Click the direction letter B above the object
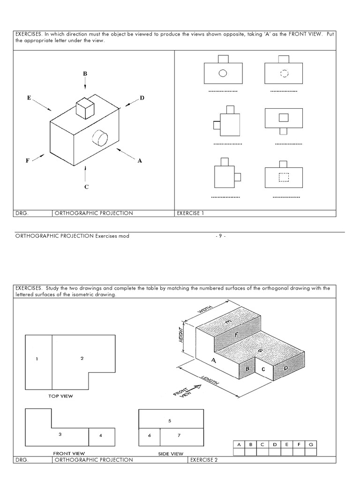[85, 73]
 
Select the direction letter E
[29, 98]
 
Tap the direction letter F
[28, 160]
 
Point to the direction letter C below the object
[86, 187]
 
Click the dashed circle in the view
[284, 73]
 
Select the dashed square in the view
[284, 177]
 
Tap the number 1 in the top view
[37, 359]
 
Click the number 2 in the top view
[82, 358]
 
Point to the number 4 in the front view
[100, 435]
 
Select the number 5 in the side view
[170, 420]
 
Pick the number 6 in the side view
[149, 435]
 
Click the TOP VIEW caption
[61, 396]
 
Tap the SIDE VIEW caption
[171, 454]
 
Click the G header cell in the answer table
[310, 443]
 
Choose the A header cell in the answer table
[239, 443]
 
